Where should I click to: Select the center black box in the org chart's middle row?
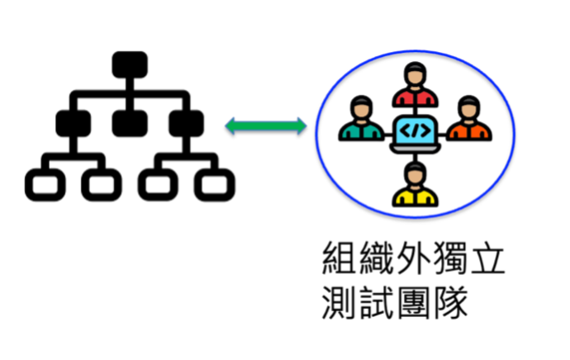pos(130,124)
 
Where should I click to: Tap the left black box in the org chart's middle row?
pos(74,124)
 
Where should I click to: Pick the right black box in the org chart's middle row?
pos(186,124)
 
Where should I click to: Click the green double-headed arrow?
pos(266,126)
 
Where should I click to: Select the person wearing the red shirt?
pos(414,87)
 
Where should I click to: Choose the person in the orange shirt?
pos(468,121)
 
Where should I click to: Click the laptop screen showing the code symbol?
pos(414,130)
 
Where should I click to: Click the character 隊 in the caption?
pos(451,303)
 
